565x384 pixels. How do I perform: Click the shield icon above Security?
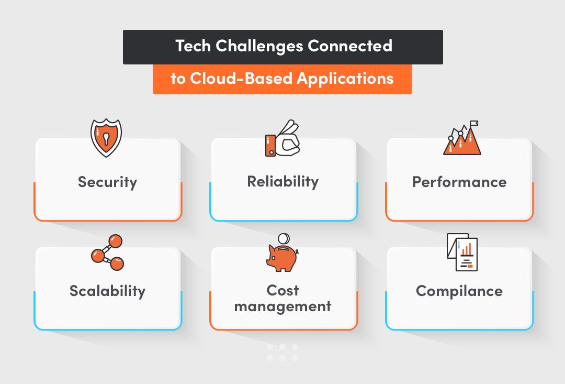107,138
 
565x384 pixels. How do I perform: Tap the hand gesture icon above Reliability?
282,139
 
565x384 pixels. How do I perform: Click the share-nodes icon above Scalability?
107,252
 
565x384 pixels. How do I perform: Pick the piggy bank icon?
281,257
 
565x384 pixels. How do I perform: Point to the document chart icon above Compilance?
462,252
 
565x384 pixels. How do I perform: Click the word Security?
107,182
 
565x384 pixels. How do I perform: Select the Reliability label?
283,182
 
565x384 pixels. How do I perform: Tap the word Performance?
459,182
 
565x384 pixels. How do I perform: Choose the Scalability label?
107,291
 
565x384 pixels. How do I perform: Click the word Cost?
283,290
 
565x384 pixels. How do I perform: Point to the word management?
283,306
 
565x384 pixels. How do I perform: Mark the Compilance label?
459,291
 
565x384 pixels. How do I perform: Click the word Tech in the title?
193,46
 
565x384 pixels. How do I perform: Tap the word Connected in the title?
350,46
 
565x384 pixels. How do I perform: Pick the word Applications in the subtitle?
345,79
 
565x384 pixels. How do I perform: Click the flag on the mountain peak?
474,124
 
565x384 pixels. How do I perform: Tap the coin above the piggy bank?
283,238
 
